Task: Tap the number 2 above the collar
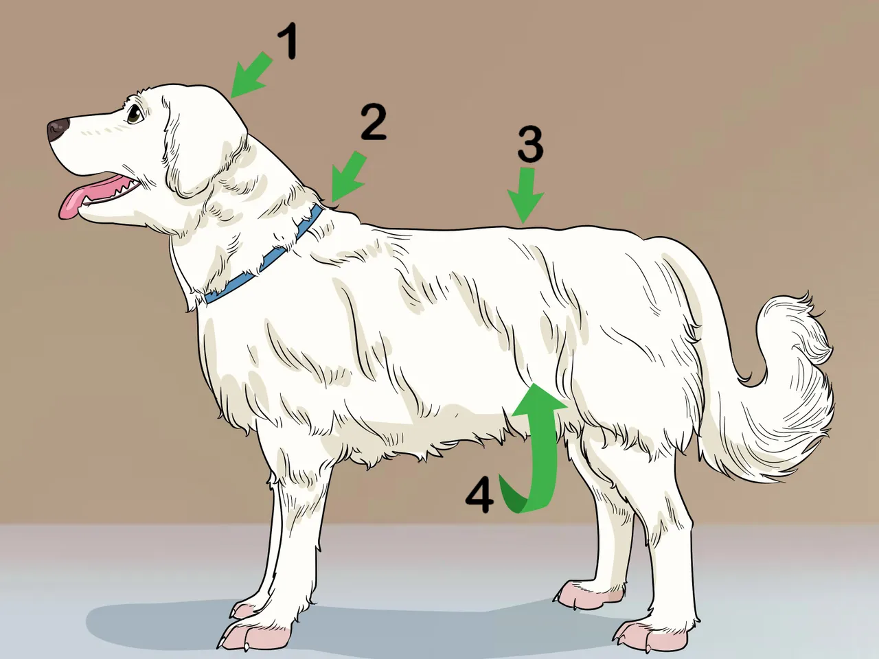(374, 122)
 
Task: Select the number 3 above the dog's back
(530, 144)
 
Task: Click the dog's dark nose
(57, 129)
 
